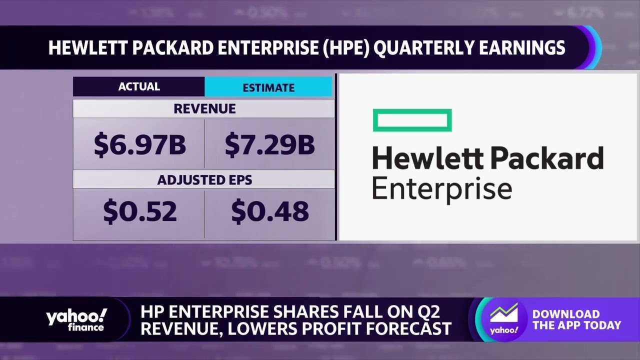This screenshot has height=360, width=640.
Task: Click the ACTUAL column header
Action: click(x=139, y=86)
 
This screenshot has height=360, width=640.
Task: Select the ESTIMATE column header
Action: click(x=268, y=87)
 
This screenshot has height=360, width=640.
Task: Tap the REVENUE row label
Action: click(x=204, y=108)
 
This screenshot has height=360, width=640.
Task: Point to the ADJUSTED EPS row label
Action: click(x=204, y=179)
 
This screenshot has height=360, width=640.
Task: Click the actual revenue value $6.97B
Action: click(x=140, y=144)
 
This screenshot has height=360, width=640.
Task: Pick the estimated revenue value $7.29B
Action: click(x=269, y=144)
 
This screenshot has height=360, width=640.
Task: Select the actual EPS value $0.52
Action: click(x=140, y=211)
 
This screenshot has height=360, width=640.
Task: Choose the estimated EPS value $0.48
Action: click(x=269, y=211)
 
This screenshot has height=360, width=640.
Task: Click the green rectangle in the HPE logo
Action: click(x=412, y=120)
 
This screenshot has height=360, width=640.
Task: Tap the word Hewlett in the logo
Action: click(x=428, y=158)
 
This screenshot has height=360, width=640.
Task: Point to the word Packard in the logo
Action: click(x=546, y=158)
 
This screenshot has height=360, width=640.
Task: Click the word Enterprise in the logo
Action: click(x=442, y=190)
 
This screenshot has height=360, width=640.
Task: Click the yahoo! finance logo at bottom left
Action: click(x=76, y=319)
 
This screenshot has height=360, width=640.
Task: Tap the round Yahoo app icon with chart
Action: click(x=503, y=320)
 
